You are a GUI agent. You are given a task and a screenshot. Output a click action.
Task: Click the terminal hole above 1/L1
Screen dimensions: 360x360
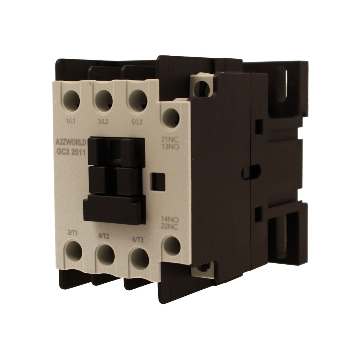click(72, 101)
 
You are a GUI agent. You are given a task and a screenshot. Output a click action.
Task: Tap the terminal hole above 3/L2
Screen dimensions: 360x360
click(104, 101)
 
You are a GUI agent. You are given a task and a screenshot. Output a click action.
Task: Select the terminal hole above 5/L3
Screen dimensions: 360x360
click(138, 101)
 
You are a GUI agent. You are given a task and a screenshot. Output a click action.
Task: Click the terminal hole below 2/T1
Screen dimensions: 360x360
click(74, 252)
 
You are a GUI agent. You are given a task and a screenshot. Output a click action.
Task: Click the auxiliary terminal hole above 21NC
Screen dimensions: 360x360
click(171, 117)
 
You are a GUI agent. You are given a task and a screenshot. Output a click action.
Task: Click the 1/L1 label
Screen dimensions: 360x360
click(72, 122)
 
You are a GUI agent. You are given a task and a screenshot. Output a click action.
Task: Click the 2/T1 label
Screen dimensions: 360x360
click(73, 233)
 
